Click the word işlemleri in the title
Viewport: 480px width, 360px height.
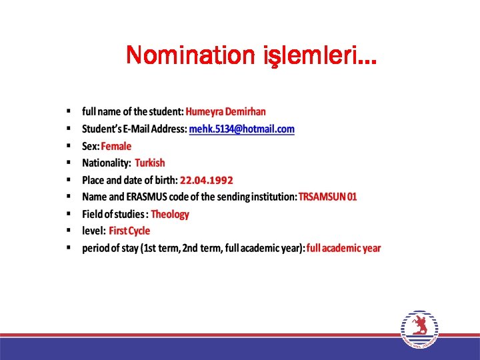pyautogui.click(x=310, y=56)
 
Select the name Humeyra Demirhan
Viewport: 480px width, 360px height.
pyautogui.click(x=225, y=111)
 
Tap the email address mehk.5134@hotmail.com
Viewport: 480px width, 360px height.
pyautogui.click(x=242, y=129)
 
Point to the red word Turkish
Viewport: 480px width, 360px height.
pyautogui.click(x=149, y=163)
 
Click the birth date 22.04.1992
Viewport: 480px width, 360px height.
pyautogui.click(x=207, y=180)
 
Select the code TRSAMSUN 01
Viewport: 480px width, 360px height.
pyautogui.click(x=327, y=197)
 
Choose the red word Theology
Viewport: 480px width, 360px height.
pyautogui.click(x=170, y=214)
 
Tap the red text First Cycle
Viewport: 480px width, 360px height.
pyautogui.click(x=129, y=231)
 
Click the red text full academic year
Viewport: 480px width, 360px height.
pyautogui.click(x=344, y=248)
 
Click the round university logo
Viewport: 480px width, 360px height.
pyautogui.click(x=420, y=329)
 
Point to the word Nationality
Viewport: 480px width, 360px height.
pyautogui.click(x=105, y=163)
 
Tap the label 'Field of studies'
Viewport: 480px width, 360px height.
pyautogui.click(x=113, y=214)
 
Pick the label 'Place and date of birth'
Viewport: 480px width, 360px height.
pyautogui.click(x=129, y=180)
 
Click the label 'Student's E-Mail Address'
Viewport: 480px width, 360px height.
pyautogui.click(x=134, y=129)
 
